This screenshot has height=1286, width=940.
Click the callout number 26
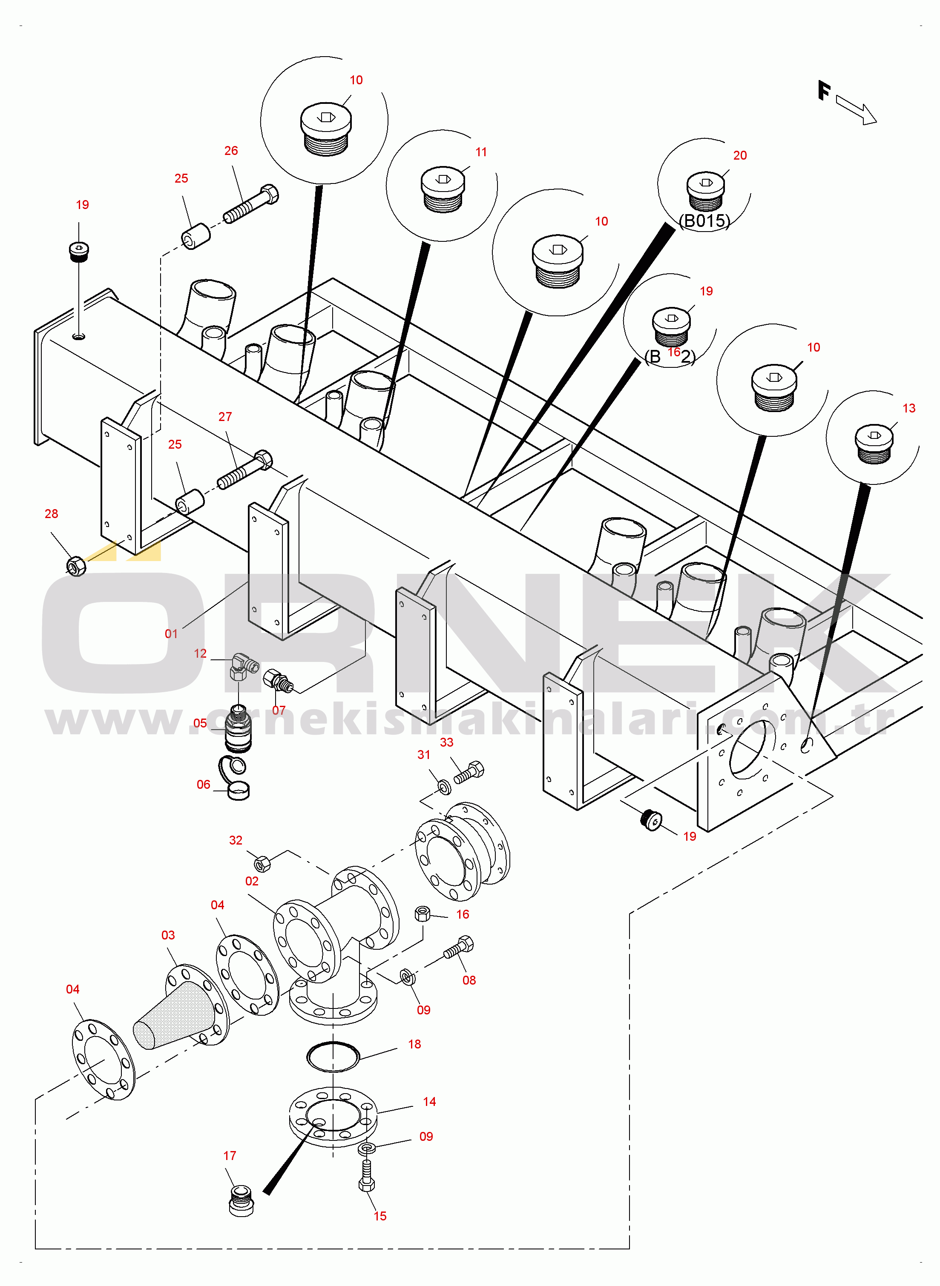pyautogui.click(x=230, y=151)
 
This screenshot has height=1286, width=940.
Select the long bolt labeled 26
pyautogui.click(x=250, y=203)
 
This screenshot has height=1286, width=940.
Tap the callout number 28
pyautogui.click(x=51, y=514)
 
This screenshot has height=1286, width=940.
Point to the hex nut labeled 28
pyautogui.click(x=76, y=566)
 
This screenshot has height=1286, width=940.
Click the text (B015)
pyautogui.click(x=704, y=221)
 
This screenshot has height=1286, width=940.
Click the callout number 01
pyautogui.click(x=171, y=633)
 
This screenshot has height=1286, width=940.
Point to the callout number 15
pyautogui.click(x=380, y=1216)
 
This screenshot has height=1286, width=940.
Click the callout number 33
pyautogui.click(x=447, y=742)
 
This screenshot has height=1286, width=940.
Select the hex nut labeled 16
pyautogui.click(x=422, y=914)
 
